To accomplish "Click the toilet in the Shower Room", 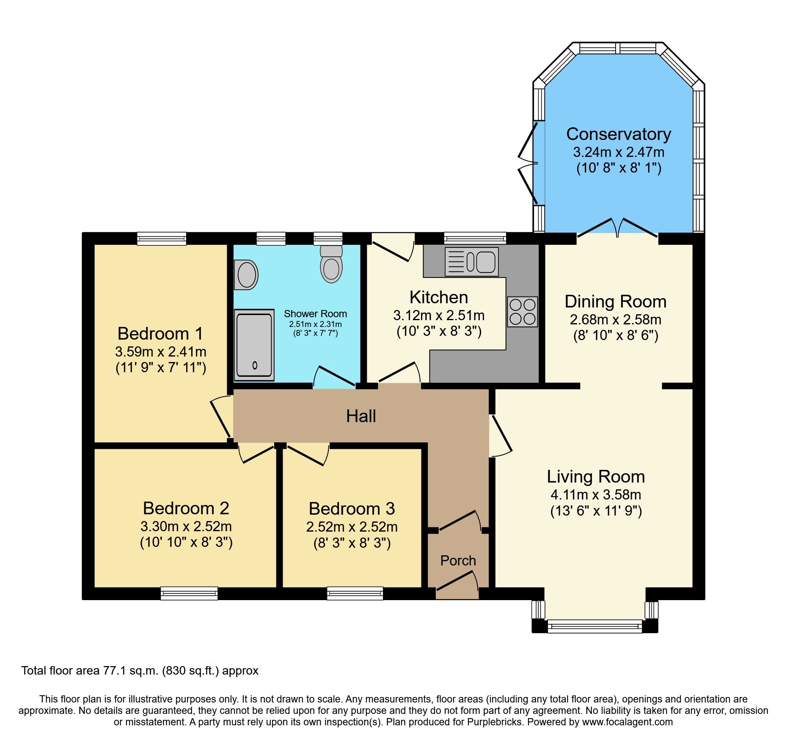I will (331, 264).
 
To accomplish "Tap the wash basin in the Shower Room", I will (246, 274).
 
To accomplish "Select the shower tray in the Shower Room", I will (254, 345).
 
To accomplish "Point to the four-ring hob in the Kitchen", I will (523, 312).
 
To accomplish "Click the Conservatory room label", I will (618, 134).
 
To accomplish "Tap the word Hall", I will (361, 416).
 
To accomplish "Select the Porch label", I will (458, 560).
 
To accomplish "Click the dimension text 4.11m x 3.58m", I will (596, 494).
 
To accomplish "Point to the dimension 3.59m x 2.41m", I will (161, 351).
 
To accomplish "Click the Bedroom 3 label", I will (352, 508).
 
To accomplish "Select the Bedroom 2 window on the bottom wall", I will (189, 593).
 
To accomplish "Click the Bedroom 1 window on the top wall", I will (162, 239).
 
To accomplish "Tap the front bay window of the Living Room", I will (594, 626).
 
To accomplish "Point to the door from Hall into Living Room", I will (501, 436).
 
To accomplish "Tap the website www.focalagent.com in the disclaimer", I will (627, 722).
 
